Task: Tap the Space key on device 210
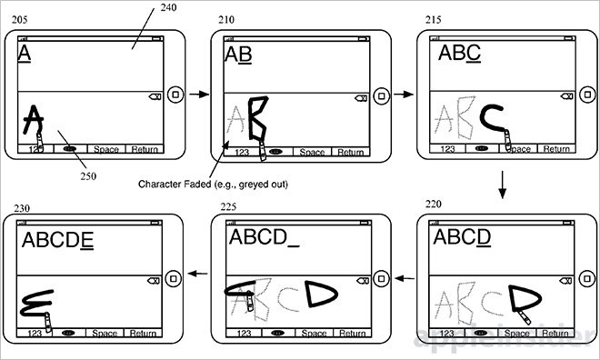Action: pyautogui.click(x=312, y=152)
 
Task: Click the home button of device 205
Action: pyautogui.click(x=178, y=92)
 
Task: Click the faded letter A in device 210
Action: pyautogui.click(x=236, y=123)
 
